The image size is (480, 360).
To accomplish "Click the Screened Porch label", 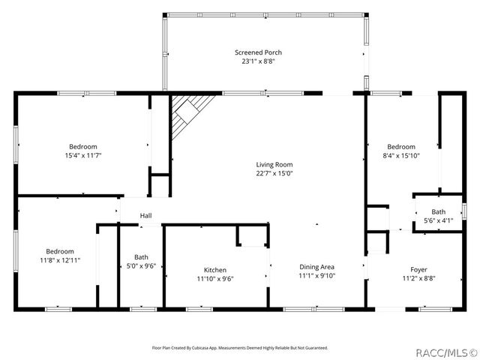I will tap(258, 52).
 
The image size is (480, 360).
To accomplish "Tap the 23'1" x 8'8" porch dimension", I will tap(258, 61).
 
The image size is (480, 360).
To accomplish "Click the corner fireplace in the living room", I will tap(187, 112).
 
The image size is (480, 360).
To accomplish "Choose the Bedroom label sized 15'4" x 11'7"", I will tap(83, 146).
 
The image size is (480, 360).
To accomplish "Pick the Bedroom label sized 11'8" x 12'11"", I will tap(60, 251).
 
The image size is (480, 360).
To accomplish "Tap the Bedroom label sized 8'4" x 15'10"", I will tap(401, 146).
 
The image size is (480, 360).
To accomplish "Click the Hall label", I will tap(145, 217).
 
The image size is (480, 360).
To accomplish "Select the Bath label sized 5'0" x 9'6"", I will tap(141, 256).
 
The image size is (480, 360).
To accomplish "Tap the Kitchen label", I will tap(215, 270).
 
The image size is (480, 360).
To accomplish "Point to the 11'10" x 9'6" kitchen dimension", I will tap(215, 279).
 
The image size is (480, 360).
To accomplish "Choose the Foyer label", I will tap(418, 270).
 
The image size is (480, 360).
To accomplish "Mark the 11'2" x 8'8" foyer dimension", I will tap(418, 279).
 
